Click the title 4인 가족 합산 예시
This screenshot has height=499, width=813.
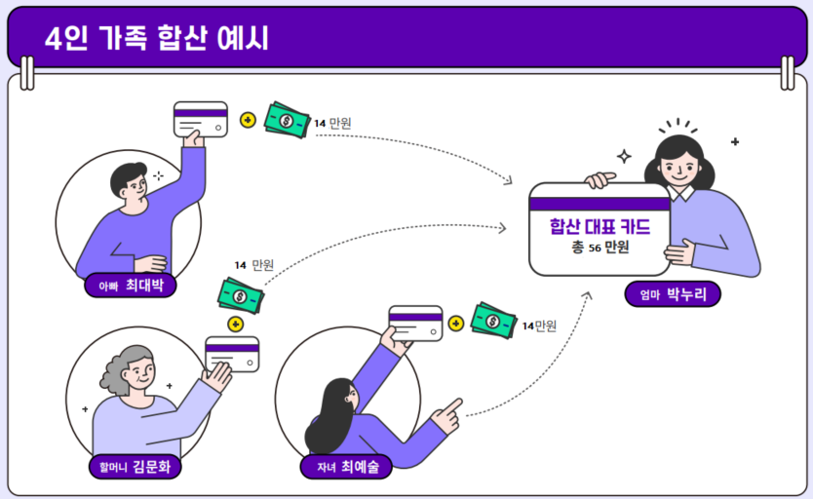click(x=156, y=38)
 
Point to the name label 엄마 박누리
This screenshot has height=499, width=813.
click(x=673, y=294)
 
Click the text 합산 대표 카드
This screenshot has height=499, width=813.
click(x=599, y=227)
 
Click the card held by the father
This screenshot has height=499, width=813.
click(x=200, y=119)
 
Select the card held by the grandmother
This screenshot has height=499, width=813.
click(x=232, y=353)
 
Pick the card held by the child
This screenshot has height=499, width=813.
click(x=415, y=323)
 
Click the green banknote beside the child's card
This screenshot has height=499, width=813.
click(x=492, y=320)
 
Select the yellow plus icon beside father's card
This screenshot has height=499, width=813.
click(x=248, y=120)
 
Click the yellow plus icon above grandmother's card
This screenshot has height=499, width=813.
click(x=234, y=324)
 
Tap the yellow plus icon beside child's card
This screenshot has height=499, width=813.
click(x=455, y=322)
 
